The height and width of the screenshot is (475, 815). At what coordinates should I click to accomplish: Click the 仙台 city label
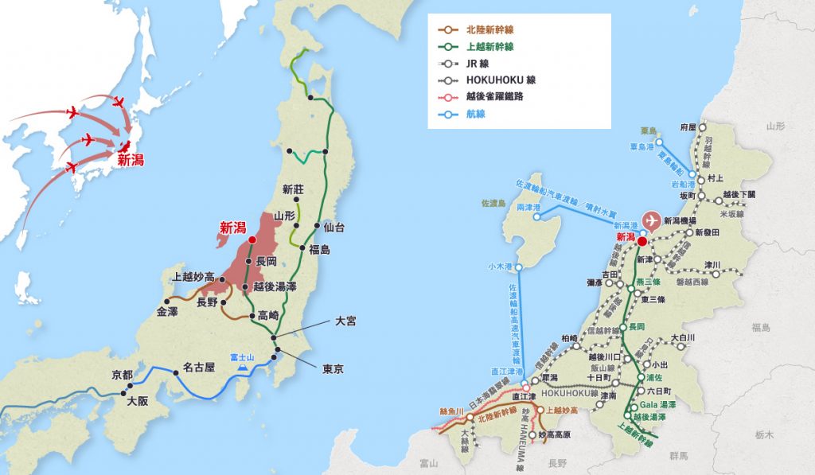click(335, 228)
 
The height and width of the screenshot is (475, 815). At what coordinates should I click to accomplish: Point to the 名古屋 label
click(199, 368)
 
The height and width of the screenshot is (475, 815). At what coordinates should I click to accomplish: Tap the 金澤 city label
click(168, 312)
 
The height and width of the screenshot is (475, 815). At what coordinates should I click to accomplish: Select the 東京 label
click(333, 369)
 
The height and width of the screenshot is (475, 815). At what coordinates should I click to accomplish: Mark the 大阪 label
click(138, 401)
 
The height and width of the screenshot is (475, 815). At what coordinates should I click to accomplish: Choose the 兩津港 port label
click(528, 207)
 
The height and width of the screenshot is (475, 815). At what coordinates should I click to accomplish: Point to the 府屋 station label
click(688, 127)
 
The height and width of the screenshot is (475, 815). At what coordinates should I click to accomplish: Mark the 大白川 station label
click(683, 338)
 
